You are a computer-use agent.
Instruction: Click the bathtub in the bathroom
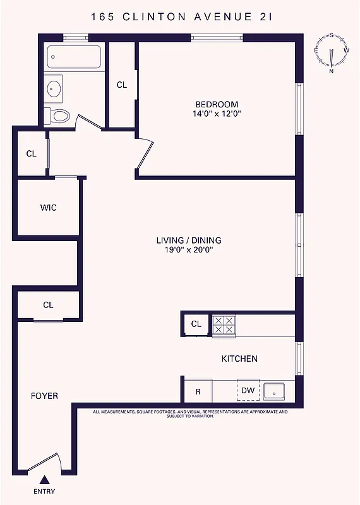tap(74, 57)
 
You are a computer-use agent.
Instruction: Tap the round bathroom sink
tap(54, 88)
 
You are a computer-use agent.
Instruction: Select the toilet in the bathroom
tap(59, 116)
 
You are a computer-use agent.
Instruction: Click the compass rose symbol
tap(332, 53)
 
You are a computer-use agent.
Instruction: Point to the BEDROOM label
tap(217, 104)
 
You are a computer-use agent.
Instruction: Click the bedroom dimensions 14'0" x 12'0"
tap(217, 114)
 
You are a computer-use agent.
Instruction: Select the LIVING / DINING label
tap(189, 241)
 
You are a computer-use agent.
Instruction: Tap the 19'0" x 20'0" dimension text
tap(189, 250)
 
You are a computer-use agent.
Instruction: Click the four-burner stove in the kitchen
tap(223, 324)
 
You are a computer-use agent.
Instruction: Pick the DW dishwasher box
tap(248, 391)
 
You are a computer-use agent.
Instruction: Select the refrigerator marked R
tap(198, 391)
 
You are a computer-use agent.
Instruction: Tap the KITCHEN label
tap(239, 359)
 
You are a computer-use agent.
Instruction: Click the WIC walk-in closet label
tap(49, 208)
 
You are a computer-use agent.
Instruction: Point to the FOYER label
tap(44, 396)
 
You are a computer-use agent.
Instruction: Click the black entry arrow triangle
tap(44, 480)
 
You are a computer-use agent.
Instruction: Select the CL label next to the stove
tap(196, 324)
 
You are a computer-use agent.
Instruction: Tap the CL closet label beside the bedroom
tap(122, 85)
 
